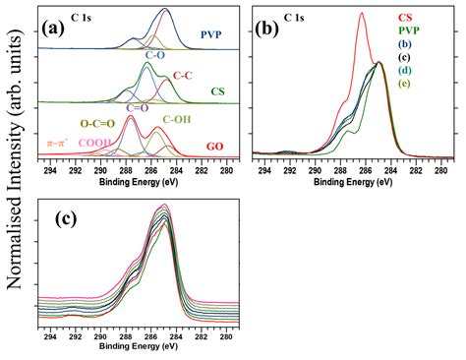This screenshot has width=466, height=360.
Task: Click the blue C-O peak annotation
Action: coord(154,56)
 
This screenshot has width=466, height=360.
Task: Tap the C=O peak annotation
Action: coord(139,107)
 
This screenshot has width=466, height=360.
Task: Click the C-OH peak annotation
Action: coord(176,119)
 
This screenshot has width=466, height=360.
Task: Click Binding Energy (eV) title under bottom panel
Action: coord(139,346)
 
